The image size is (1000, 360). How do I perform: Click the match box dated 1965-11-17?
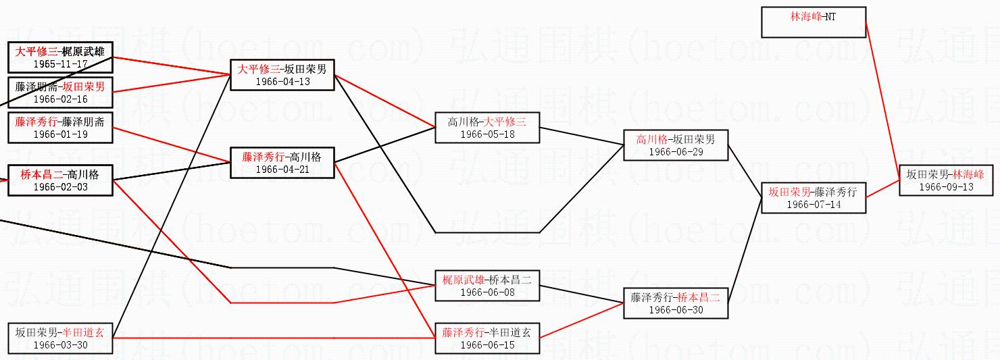tap(60, 57)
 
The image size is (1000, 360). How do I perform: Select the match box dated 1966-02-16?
tap(60, 93)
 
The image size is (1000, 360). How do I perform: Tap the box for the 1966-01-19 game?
tap(60, 128)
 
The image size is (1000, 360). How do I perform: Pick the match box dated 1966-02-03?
tap(60, 180)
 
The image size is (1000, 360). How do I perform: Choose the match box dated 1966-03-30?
tap(60, 338)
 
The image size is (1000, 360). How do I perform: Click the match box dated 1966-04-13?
tap(282, 74)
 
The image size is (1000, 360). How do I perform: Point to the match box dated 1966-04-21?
tap(282, 163)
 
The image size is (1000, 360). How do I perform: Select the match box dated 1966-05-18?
tap(487, 128)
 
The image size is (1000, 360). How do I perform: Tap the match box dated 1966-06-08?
tap(487, 286)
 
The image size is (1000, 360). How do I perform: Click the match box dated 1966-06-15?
tap(487, 338)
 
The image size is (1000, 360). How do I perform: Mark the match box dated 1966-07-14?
tap(814, 198)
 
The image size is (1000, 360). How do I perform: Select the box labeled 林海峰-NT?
tap(814, 22)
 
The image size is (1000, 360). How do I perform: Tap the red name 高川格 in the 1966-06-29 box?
tap(651, 139)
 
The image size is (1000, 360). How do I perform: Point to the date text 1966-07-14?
tap(814, 205)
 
